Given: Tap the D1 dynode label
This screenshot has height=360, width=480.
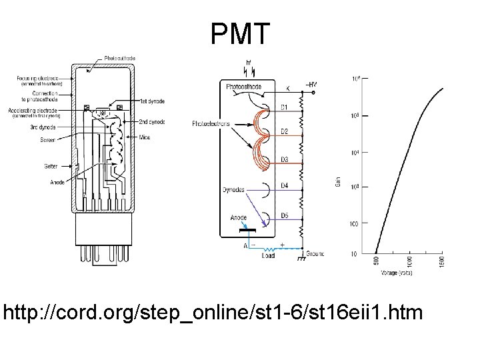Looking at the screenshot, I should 283,107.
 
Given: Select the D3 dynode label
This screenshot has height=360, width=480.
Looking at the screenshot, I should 283,160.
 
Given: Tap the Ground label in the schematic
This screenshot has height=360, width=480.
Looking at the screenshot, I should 315,254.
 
